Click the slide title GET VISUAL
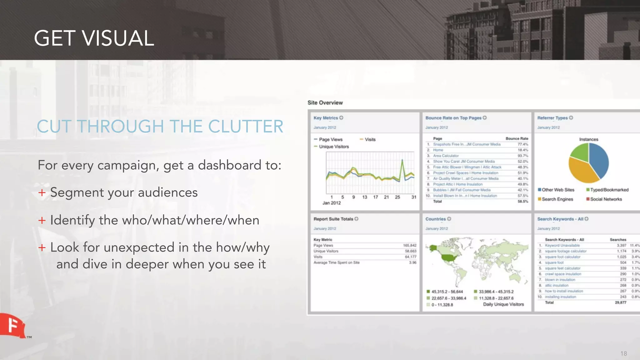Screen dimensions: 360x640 (x=94, y=38)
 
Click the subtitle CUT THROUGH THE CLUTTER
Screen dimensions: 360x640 (x=160, y=126)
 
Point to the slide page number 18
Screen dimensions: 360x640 (x=623, y=353)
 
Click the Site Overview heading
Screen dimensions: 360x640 (x=325, y=102)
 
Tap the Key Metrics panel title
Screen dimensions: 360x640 (x=326, y=118)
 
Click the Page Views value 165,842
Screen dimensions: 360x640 (x=409, y=245)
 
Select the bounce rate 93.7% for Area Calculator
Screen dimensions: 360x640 (x=522, y=156)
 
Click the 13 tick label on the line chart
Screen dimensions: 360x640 (x=365, y=197)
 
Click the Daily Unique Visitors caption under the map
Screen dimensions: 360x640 (x=503, y=304)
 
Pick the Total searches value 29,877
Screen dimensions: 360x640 (x=620, y=302)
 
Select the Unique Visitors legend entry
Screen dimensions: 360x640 (x=333, y=147)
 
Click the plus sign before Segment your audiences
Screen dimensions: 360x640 (x=42, y=192)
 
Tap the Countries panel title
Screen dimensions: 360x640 (x=435, y=219)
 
